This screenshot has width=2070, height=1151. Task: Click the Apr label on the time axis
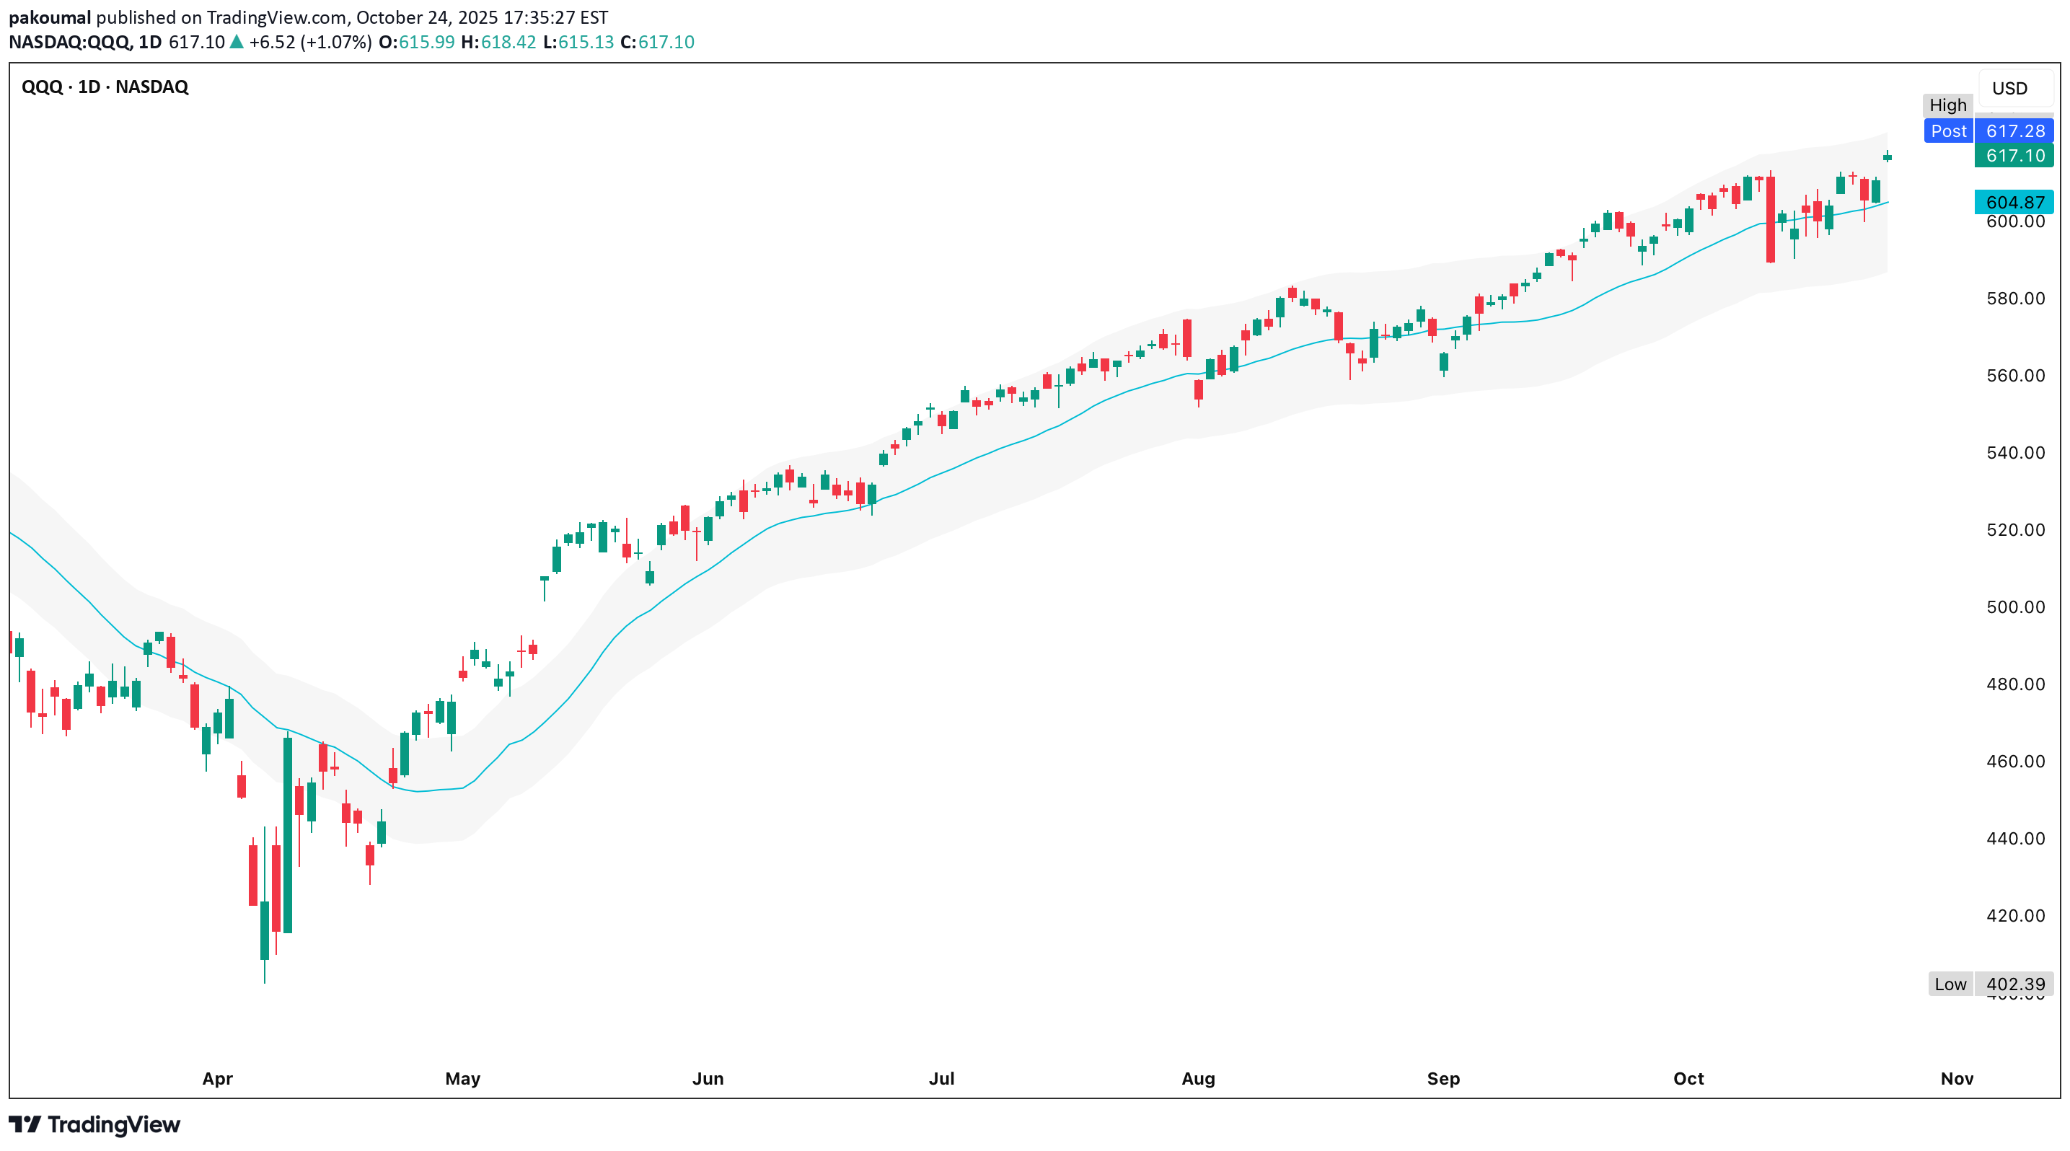(x=217, y=1079)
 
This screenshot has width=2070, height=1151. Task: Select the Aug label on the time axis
(x=1197, y=1079)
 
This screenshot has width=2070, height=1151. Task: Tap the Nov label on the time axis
(x=1956, y=1079)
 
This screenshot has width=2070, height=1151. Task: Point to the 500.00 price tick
(x=2015, y=607)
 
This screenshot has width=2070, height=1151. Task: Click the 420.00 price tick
(x=2015, y=916)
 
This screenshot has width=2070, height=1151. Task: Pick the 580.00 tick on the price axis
(x=2015, y=299)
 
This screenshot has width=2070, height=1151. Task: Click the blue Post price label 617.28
(x=1988, y=131)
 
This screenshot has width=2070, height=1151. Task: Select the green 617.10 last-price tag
(x=2014, y=156)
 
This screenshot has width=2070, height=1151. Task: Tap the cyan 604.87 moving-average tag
(x=2014, y=203)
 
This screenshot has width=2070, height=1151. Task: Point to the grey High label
(x=1947, y=105)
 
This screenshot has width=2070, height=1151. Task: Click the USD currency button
(x=2009, y=89)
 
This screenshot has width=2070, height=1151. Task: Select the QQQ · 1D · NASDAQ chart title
(x=105, y=87)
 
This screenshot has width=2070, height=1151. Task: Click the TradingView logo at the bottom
(x=94, y=1124)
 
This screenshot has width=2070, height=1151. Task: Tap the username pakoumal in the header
(x=50, y=18)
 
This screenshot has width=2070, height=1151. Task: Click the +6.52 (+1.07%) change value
(x=310, y=42)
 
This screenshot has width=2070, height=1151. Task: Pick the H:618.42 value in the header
(x=498, y=42)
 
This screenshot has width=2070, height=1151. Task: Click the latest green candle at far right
(x=1887, y=157)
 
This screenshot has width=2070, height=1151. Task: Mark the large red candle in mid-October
(x=1770, y=219)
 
